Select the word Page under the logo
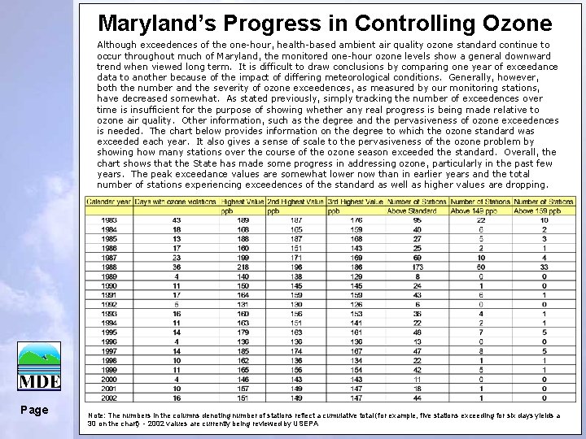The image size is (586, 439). pos(35,411)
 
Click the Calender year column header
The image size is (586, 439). pos(109,201)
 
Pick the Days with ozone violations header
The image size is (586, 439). pos(176,201)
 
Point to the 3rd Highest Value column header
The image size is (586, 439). pos(356,201)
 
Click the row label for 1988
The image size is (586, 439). pos(108,267)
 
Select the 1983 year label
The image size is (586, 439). pos(108,219)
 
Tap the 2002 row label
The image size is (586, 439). pos(108,398)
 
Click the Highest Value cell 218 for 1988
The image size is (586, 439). pos(243,267)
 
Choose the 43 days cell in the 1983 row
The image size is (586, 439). pos(177,219)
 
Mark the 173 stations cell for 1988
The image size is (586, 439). pos(417,267)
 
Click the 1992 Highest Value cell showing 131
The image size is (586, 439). pos(243,304)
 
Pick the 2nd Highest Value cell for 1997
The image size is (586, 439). pos(296,350)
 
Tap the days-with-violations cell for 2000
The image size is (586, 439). pos(177,379)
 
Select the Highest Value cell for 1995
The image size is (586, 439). pos(243,332)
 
